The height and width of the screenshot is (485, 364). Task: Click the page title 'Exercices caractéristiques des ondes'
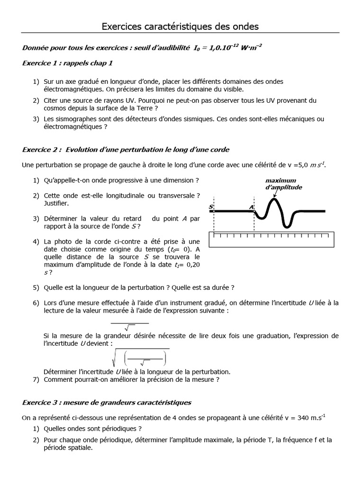pos(180,27)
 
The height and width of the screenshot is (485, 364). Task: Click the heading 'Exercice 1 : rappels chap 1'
pos(68,63)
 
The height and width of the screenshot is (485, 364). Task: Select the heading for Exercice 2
pos(126,150)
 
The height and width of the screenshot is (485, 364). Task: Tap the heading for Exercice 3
pos(107,402)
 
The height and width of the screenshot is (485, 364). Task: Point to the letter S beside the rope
pos(210,207)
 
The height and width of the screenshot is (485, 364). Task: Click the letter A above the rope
pos(251,207)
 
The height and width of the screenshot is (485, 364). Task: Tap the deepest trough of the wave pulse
pos(287,225)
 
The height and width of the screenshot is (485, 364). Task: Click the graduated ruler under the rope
pos(271,240)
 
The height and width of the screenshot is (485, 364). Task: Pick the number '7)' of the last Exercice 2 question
pos(36,379)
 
